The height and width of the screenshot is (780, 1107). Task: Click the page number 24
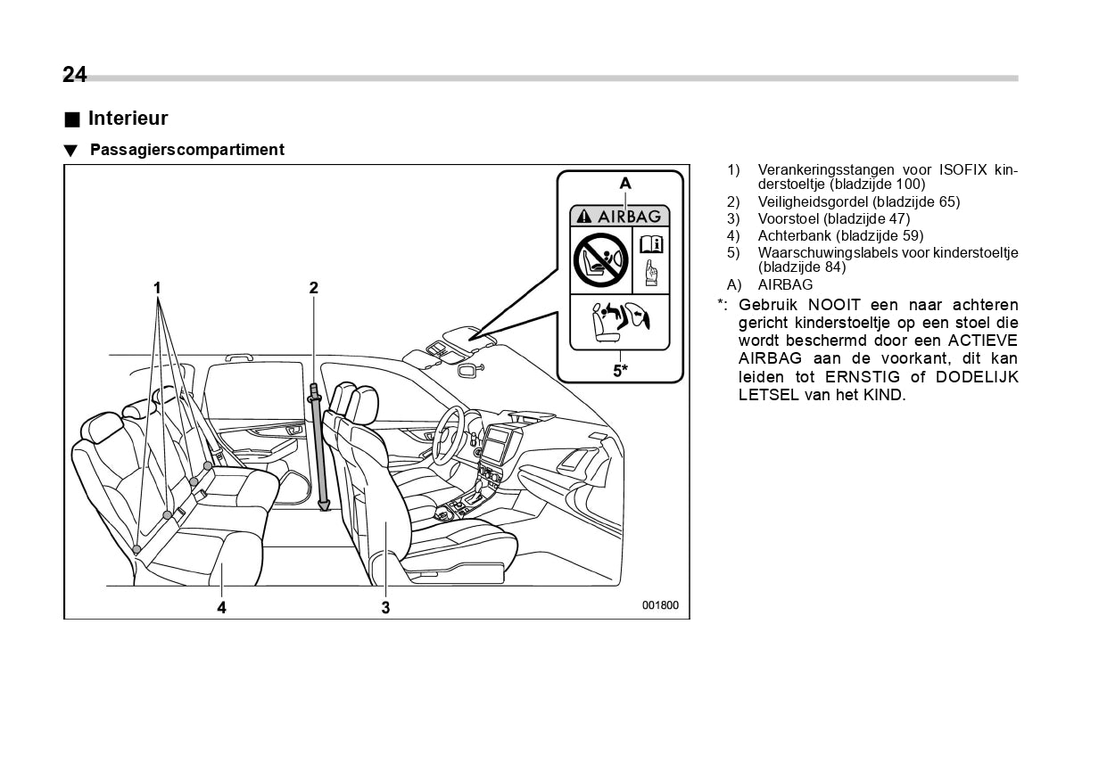pyautogui.click(x=75, y=75)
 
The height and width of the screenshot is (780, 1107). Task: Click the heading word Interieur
pyautogui.click(x=128, y=119)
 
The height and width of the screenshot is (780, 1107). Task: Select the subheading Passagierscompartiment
pyautogui.click(x=186, y=150)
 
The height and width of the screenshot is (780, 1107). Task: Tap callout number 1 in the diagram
pyautogui.click(x=157, y=288)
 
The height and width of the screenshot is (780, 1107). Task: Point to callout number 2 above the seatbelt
pyautogui.click(x=314, y=288)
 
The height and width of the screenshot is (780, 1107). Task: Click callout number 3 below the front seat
pyautogui.click(x=385, y=608)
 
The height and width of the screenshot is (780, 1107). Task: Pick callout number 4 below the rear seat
pyautogui.click(x=221, y=608)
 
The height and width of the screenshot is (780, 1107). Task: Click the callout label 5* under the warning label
pyautogui.click(x=620, y=370)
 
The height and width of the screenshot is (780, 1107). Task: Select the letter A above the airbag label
pyautogui.click(x=625, y=184)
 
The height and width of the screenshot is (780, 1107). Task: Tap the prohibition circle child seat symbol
pyautogui.click(x=600, y=259)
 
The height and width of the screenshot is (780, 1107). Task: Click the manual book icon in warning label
pyautogui.click(x=651, y=243)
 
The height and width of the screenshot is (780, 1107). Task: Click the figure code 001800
pyautogui.click(x=660, y=605)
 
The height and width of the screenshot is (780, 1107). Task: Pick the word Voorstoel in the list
pyautogui.click(x=789, y=219)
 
